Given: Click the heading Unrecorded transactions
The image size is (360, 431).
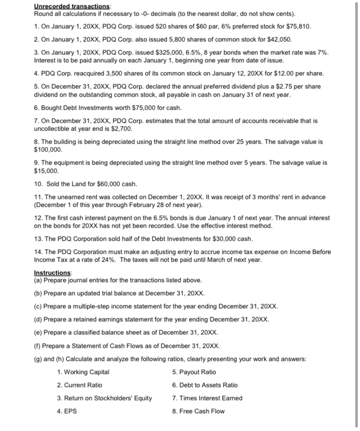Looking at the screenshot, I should coord(72,7).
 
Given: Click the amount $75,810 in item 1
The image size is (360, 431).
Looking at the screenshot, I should coord(297,26).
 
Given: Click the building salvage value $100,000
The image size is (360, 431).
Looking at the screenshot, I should coord(48,150).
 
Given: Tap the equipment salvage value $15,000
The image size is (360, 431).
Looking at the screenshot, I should coord(46,171).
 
